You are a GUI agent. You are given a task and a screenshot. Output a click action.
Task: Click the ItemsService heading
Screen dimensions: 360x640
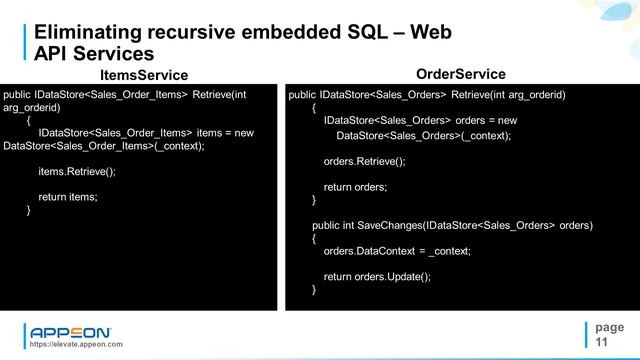[144, 75]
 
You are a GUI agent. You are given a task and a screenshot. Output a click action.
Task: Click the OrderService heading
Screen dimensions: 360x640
[460, 74]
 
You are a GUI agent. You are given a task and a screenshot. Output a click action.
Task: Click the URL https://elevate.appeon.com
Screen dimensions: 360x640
[76, 344]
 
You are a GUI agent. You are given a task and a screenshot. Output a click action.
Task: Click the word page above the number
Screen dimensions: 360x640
[608, 327]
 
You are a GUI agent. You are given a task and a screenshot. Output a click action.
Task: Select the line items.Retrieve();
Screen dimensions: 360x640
[77, 171]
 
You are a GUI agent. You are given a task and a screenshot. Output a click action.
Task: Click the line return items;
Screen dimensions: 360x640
[68, 197]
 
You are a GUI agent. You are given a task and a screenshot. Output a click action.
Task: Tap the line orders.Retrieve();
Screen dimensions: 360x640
[364, 161]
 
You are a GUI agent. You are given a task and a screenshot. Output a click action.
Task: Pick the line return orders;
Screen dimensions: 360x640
[355, 187]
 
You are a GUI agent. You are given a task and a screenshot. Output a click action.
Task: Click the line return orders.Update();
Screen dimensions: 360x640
[377, 276]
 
